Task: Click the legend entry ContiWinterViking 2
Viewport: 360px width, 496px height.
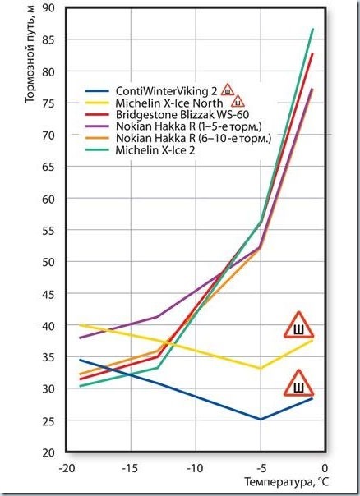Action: click(x=166, y=91)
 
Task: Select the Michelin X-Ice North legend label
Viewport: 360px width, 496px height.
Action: click(x=169, y=103)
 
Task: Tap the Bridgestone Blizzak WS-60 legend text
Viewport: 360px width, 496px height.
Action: click(x=182, y=114)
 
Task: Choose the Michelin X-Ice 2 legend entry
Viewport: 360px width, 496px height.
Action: click(x=155, y=150)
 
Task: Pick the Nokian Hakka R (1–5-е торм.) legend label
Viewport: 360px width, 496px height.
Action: click(x=189, y=126)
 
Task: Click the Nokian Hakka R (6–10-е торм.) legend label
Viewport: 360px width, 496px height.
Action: click(x=193, y=138)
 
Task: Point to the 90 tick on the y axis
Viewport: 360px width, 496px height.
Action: click(x=48, y=7)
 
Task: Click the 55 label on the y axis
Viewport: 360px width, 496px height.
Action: click(x=48, y=230)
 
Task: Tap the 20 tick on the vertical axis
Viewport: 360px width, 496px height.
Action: click(x=48, y=452)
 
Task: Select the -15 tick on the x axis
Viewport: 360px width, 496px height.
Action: click(x=130, y=468)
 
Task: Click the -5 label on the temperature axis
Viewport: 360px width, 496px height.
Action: click(x=261, y=468)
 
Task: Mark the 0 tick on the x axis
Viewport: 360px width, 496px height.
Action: click(x=325, y=468)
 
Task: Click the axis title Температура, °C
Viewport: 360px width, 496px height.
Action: click(x=287, y=482)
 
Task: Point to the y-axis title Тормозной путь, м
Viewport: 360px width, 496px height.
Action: click(x=30, y=53)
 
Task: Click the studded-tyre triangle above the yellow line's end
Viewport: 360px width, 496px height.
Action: click(x=298, y=326)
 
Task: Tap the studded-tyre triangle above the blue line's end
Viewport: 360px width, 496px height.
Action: click(x=298, y=384)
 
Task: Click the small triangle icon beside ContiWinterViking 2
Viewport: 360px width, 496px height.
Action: click(x=228, y=90)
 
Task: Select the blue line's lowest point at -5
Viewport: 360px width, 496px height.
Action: click(x=261, y=420)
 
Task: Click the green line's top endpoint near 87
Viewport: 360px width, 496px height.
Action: click(x=313, y=29)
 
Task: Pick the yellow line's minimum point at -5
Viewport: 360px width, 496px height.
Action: click(x=261, y=368)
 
